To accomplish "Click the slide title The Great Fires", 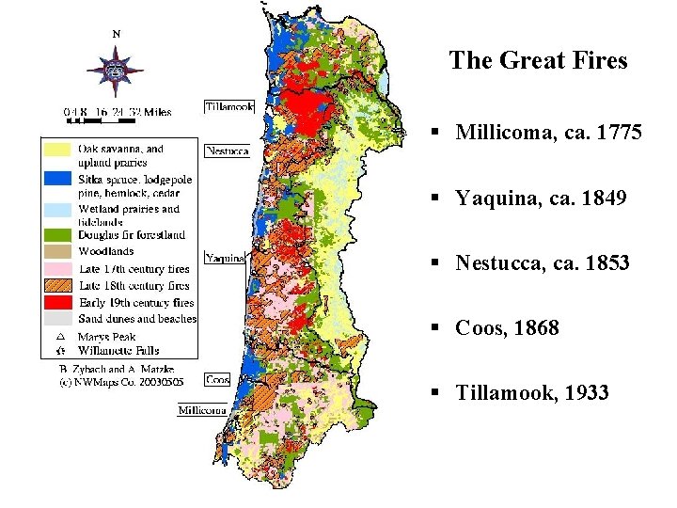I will click(x=538, y=61).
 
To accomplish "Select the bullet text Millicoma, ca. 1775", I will click(x=549, y=133).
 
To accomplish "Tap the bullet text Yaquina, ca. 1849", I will click(x=542, y=198).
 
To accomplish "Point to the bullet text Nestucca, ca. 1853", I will click(x=543, y=262).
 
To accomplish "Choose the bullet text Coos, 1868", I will click(x=507, y=327).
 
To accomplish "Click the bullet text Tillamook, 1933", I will click(x=532, y=392).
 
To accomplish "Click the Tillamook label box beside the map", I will click(x=229, y=106).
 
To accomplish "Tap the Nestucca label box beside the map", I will click(x=227, y=151).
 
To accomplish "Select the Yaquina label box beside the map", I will click(x=225, y=257).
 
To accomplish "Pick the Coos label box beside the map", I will click(x=217, y=380).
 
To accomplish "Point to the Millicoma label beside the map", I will click(x=202, y=410).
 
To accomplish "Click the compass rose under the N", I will click(x=116, y=71).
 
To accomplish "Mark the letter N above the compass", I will click(x=117, y=34).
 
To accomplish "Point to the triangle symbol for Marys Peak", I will click(x=59, y=336).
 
